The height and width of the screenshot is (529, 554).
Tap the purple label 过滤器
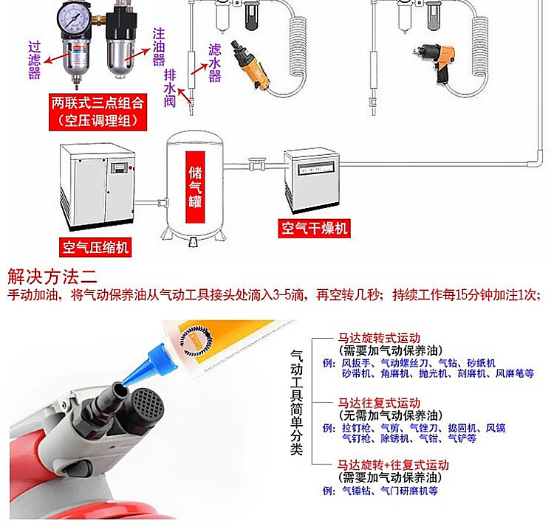[x=34, y=60]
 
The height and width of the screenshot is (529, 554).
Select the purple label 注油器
[x=159, y=47]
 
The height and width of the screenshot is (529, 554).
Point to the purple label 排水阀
[x=170, y=88]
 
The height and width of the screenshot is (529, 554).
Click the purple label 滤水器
[x=215, y=63]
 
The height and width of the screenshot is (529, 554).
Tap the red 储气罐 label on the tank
[x=195, y=187]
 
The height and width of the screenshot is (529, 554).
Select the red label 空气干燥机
[x=314, y=228]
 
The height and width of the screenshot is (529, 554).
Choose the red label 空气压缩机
[x=95, y=247]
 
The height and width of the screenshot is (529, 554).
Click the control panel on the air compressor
[x=119, y=167]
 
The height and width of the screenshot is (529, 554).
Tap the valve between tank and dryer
[x=256, y=164]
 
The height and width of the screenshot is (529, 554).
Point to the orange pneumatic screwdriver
[x=250, y=65]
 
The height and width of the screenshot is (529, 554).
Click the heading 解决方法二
[x=52, y=277]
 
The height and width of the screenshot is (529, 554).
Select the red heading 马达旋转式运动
[x=379, y=338]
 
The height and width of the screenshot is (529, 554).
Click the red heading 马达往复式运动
[x=379, y=403]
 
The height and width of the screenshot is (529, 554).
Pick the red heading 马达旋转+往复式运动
[x=393, y=465]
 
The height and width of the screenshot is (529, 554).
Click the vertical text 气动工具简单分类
[x=297, y=402]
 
